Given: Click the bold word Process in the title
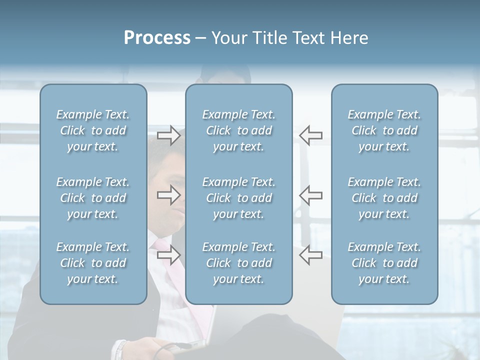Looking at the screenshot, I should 157,38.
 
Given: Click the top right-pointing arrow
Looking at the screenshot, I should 168,135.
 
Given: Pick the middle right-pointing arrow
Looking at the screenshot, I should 168,195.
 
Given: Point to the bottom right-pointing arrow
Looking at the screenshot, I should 168,255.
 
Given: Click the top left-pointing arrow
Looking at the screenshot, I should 310,135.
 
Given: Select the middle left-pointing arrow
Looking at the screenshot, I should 310,195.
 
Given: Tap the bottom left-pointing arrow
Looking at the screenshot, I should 310,255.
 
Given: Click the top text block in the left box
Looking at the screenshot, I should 93,130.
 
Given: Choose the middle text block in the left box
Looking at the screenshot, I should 93,198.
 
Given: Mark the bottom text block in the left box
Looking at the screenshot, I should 93,263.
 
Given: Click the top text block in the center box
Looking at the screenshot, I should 238,130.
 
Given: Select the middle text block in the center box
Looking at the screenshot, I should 238,198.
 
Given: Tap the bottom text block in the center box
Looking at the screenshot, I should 238,263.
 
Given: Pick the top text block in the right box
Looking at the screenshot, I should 384,130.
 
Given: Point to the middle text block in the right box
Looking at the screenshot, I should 384,198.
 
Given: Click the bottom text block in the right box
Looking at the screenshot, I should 384,263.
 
